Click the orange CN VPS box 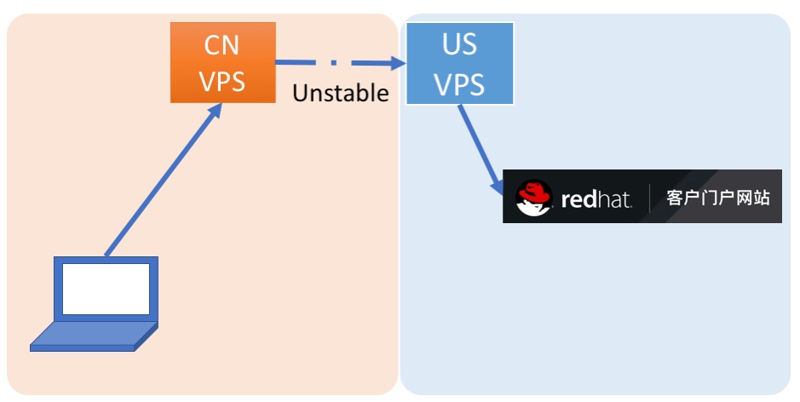click(223, 61)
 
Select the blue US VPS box click(460, 64)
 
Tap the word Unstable click(340, 92)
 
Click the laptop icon click(95, 301)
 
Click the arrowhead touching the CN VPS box click(216, 112)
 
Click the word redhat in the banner click(596, 199)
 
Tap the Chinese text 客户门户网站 click(717, 198)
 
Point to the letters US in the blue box click(459, 44)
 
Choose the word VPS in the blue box click(459, 83)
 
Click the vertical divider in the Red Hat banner click(651, 198)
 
